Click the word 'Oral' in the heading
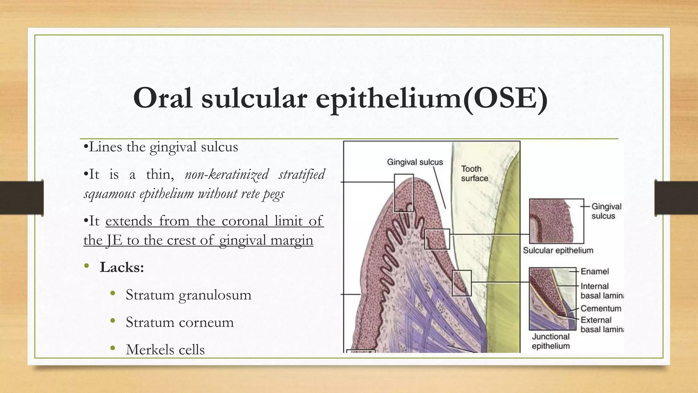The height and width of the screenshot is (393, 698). click(163, 98)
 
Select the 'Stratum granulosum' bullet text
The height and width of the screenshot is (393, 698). click(188, 295)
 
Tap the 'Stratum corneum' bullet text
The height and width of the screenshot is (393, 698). click(180, 322)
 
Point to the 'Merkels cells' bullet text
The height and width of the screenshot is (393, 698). click(165, 350)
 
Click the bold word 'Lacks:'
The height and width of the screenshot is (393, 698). click(122, 267)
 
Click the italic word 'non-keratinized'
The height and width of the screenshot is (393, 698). click(227, 174)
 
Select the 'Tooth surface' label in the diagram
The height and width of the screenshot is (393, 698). click(474, 173)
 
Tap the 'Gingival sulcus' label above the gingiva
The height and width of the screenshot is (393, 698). click(415, 162)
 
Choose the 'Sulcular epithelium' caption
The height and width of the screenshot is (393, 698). click(558, 250)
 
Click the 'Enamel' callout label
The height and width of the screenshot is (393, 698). click(594, 272)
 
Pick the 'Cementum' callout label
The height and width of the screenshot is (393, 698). click(601, 308)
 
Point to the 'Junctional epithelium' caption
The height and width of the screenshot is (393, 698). click(550, 341)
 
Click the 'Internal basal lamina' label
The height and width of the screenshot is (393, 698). click(602, 291)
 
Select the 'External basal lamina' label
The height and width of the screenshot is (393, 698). click(602, 324)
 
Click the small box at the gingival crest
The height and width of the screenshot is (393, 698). click(404, 193)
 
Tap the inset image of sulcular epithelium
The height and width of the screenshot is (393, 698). click(556, 221)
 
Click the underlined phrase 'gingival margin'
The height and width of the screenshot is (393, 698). click(266, 240)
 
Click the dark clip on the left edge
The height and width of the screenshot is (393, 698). click(22, 198)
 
